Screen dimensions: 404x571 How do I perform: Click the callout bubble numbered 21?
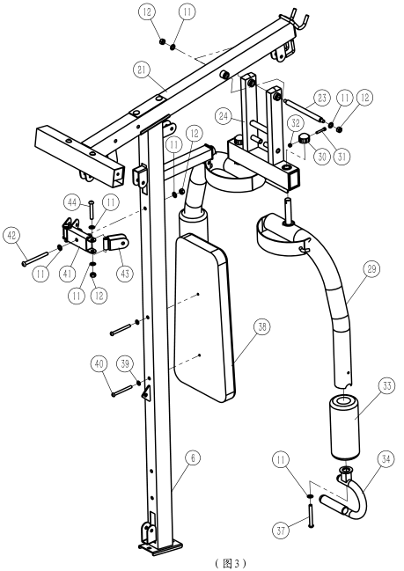(142, 70)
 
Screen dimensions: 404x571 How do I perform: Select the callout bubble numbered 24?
(224, 116)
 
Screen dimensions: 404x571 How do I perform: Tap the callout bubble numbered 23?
(321, 98)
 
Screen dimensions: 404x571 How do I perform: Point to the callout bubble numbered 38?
(262, 327)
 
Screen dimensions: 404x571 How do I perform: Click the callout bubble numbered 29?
(371, 268)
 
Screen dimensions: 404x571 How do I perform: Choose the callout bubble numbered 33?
(387, 385)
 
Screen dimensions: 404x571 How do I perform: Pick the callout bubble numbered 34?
(386, 459)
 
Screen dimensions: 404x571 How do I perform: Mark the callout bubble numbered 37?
(281, 531)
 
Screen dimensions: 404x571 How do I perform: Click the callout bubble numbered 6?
(193, 458)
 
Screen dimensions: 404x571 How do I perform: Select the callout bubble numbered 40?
(99, 364)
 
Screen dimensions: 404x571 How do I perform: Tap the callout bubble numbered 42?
(11, 236)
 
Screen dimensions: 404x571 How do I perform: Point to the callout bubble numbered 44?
(72, 202)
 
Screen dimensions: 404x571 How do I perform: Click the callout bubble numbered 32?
(296, 123)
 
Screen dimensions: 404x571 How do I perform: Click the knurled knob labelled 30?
(305, 139)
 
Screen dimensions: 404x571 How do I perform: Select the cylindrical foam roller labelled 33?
(345, 428)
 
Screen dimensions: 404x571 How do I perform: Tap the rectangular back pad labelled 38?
(205, 318)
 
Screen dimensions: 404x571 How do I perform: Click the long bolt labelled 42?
(36, 258)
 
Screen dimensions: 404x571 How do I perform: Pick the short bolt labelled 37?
(311, 516)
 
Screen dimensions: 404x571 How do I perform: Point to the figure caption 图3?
(231, 563)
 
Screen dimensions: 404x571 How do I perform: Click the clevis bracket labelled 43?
(117, 243)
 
